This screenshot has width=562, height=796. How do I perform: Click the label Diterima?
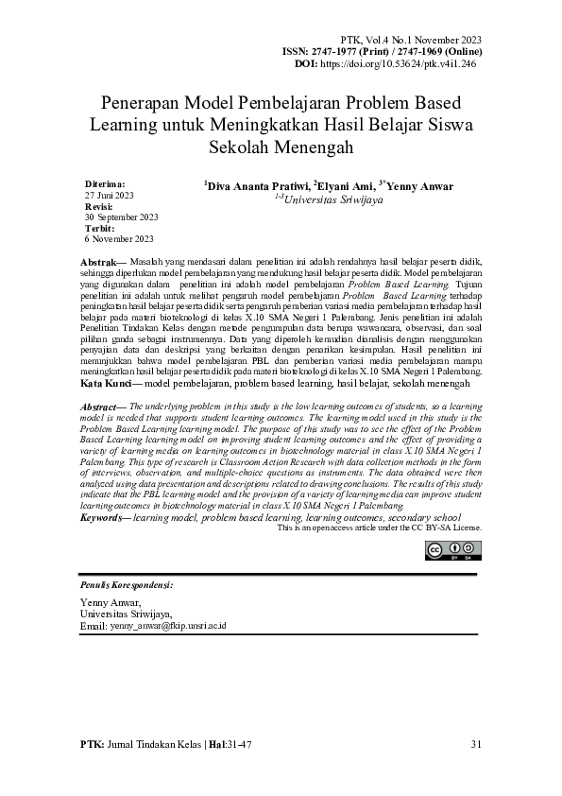pos(105,182)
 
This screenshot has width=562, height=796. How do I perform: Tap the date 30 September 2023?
pos(121,216)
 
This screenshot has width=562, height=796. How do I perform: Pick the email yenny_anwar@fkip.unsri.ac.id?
pos(166,626)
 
